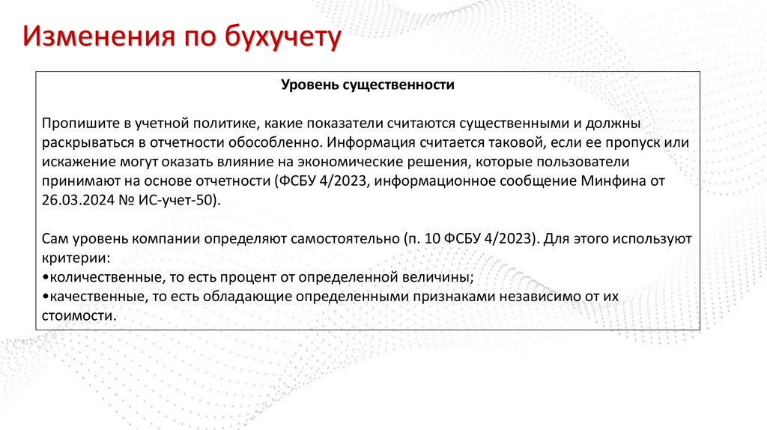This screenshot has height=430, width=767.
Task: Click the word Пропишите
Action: coord(77,123)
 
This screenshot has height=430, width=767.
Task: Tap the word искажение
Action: coord(73,162)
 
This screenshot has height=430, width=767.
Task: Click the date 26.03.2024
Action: coord(74,200)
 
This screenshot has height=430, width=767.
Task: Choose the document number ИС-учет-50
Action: coord(177,200)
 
